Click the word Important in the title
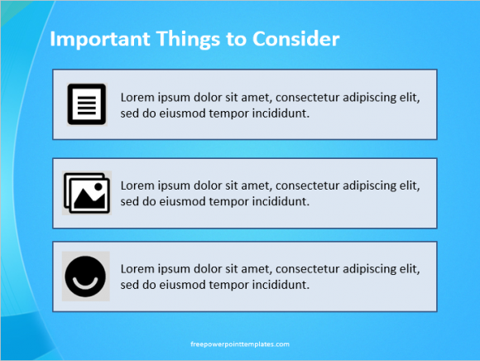100,40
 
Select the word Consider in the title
296,39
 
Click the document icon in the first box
87,104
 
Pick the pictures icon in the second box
87,193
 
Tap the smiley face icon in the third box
85,277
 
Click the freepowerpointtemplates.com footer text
240,344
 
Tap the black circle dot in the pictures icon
98,186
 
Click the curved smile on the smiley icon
85,284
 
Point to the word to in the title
236,40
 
